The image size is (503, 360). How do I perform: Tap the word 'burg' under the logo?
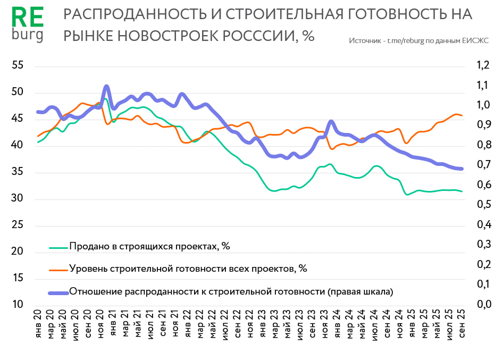27,35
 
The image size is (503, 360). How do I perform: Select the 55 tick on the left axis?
18,65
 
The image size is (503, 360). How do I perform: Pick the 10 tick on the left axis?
18,305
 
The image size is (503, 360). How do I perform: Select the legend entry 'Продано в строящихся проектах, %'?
149,246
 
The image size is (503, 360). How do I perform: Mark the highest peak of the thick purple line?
106,86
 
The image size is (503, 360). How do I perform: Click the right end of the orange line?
462,115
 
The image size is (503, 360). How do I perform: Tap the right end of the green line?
462,191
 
